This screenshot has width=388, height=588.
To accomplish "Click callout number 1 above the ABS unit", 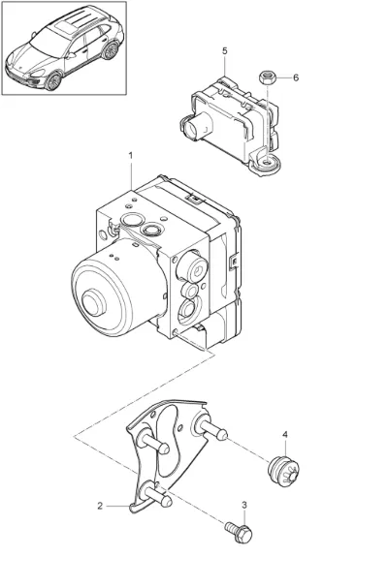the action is (x=131, y=155).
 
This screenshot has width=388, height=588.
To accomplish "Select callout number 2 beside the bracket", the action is (x=100, y=506).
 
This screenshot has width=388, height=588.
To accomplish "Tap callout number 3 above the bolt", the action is (x=244, y=505).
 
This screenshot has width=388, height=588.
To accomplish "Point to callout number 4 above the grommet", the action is (x=285, y=435).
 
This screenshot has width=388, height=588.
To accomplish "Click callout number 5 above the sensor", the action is (x=225, y=50).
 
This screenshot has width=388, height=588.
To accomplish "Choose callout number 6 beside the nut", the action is (x=296, y=77).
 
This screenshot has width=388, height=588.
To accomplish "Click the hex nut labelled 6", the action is (x=267, y=78).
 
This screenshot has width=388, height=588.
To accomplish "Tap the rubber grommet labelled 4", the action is (x=283, y=471).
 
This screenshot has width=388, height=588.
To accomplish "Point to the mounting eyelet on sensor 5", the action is (x=267, y=163).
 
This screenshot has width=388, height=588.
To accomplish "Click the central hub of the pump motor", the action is (x=94, y=303).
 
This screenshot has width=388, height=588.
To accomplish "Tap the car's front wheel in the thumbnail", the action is (x=53, y=81).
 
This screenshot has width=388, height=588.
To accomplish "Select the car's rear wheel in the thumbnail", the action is (x=110, y=50).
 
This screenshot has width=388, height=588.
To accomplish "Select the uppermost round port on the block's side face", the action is (x=196, y=267).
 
